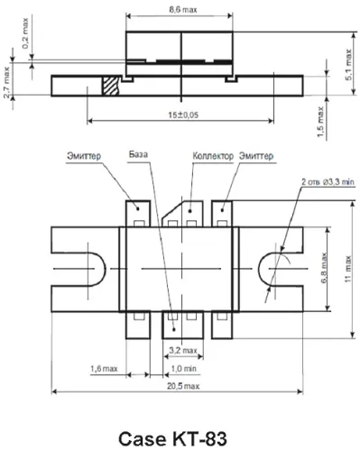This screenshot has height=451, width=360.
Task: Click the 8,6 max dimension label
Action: click(183, 10)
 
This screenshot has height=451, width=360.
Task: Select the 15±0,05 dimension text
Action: click(183, 115)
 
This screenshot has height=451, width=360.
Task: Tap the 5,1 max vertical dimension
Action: click(348, 64)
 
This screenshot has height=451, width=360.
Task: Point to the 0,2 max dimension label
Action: click(25, 33)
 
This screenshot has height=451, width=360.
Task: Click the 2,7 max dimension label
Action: click(6, 82)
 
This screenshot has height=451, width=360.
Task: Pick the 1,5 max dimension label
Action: click(320, 123)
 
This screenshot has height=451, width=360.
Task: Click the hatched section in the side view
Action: click(110, 86)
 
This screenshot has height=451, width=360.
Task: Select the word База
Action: click(138, 154)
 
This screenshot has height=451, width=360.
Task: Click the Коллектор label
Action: click(213, 156)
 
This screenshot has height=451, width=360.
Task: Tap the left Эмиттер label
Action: click(84, 156)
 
